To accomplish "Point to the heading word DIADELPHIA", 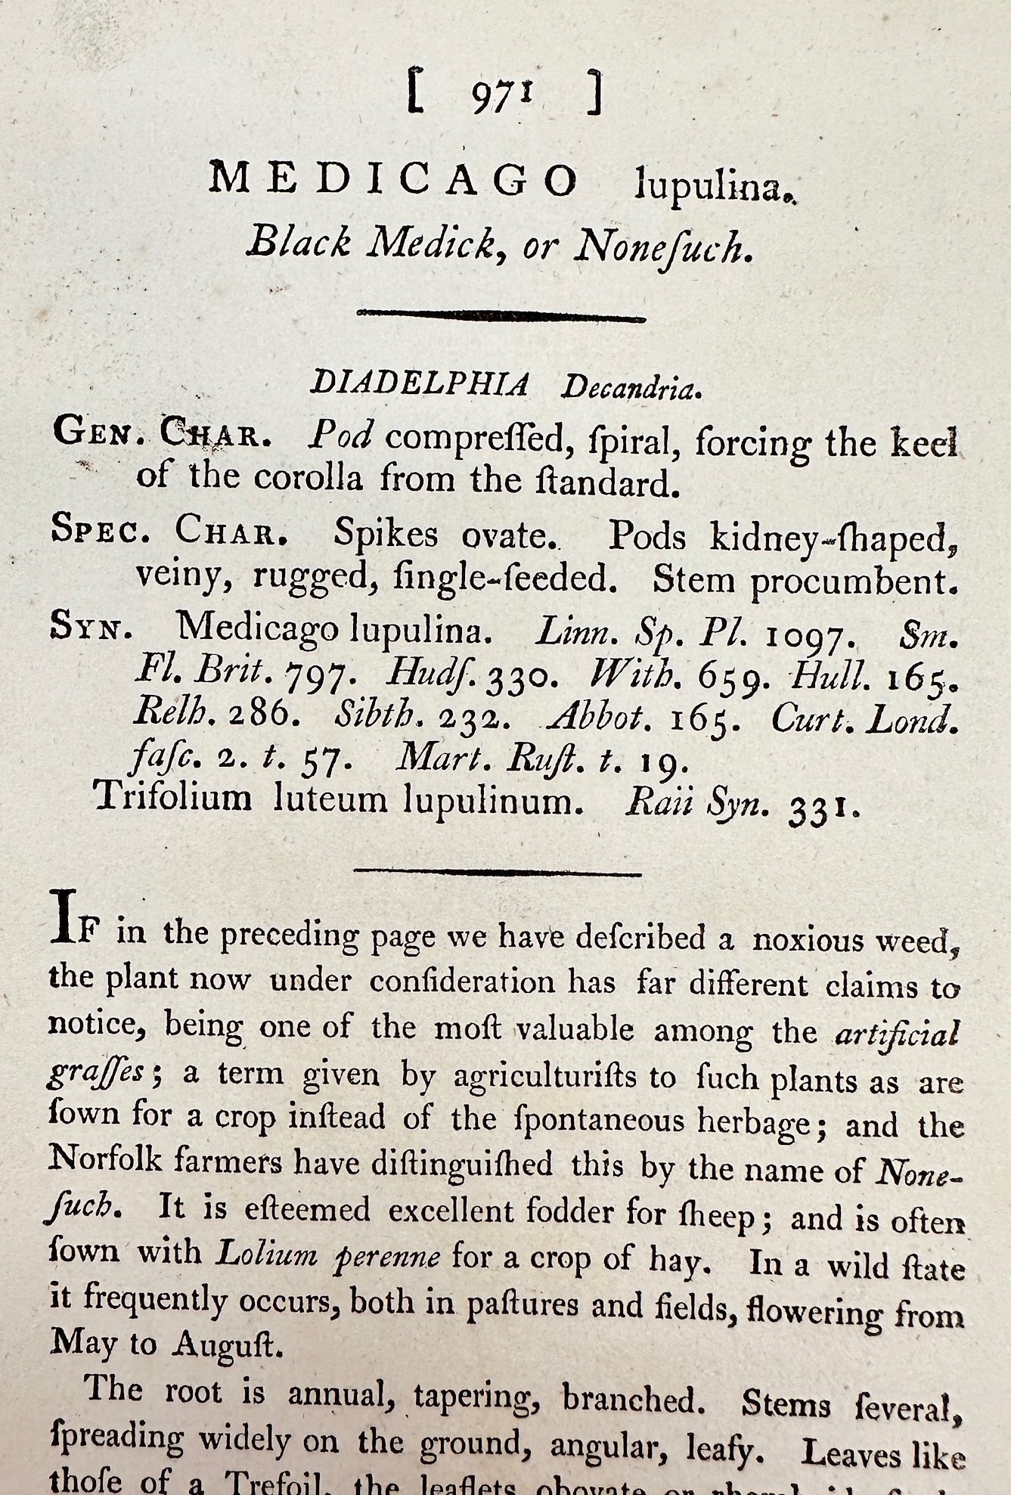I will click(x=420, y=384).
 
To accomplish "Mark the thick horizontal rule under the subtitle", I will click(x=501, y=316).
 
